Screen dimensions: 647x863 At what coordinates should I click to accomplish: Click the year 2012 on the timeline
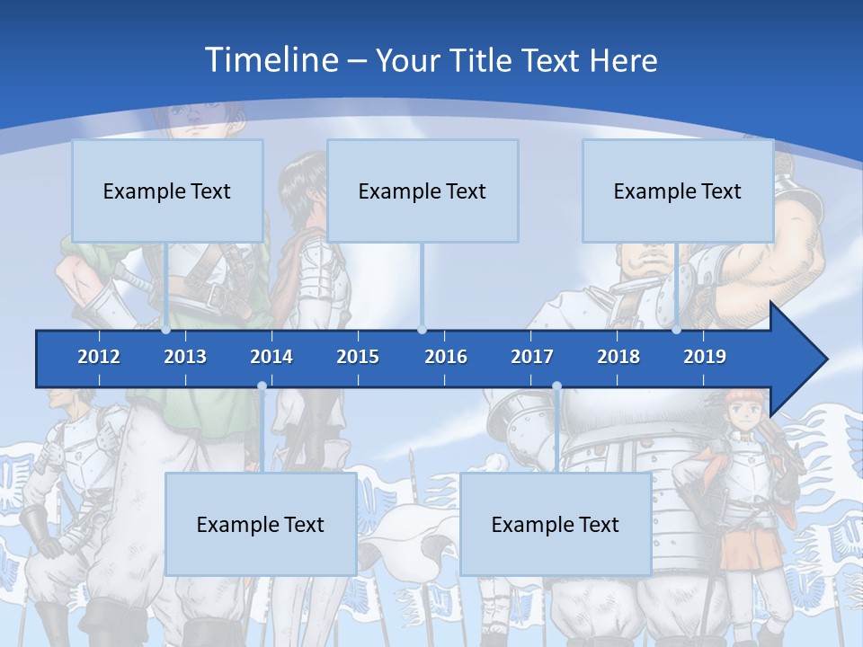(99, 357)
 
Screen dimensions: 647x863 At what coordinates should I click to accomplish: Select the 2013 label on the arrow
(185, 357)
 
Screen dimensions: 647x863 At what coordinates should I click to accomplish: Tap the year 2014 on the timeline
(271, 357)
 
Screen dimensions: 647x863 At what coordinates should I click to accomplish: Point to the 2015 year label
(358, 357)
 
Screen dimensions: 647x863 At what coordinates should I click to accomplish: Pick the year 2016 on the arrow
(446, 357)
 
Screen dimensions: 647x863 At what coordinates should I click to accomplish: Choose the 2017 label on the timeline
(532, 357)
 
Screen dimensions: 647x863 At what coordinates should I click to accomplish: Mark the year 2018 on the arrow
(618, 357)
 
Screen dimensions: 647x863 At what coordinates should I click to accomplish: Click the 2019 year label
(705, 357)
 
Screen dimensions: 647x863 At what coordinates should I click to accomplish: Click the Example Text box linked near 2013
(167, 191)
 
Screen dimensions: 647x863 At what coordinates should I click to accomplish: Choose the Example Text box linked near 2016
(423, 191)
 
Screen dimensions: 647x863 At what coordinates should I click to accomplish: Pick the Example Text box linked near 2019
(678, 191)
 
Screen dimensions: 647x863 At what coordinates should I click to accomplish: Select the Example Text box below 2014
(261, 524)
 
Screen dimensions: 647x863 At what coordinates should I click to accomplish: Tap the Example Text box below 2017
(556, 524)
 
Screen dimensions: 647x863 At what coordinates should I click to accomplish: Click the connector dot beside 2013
(166, 330)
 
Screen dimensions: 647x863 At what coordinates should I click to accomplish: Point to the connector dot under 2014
(262, 386)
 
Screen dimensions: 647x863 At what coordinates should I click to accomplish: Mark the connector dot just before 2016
(422, 330)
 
